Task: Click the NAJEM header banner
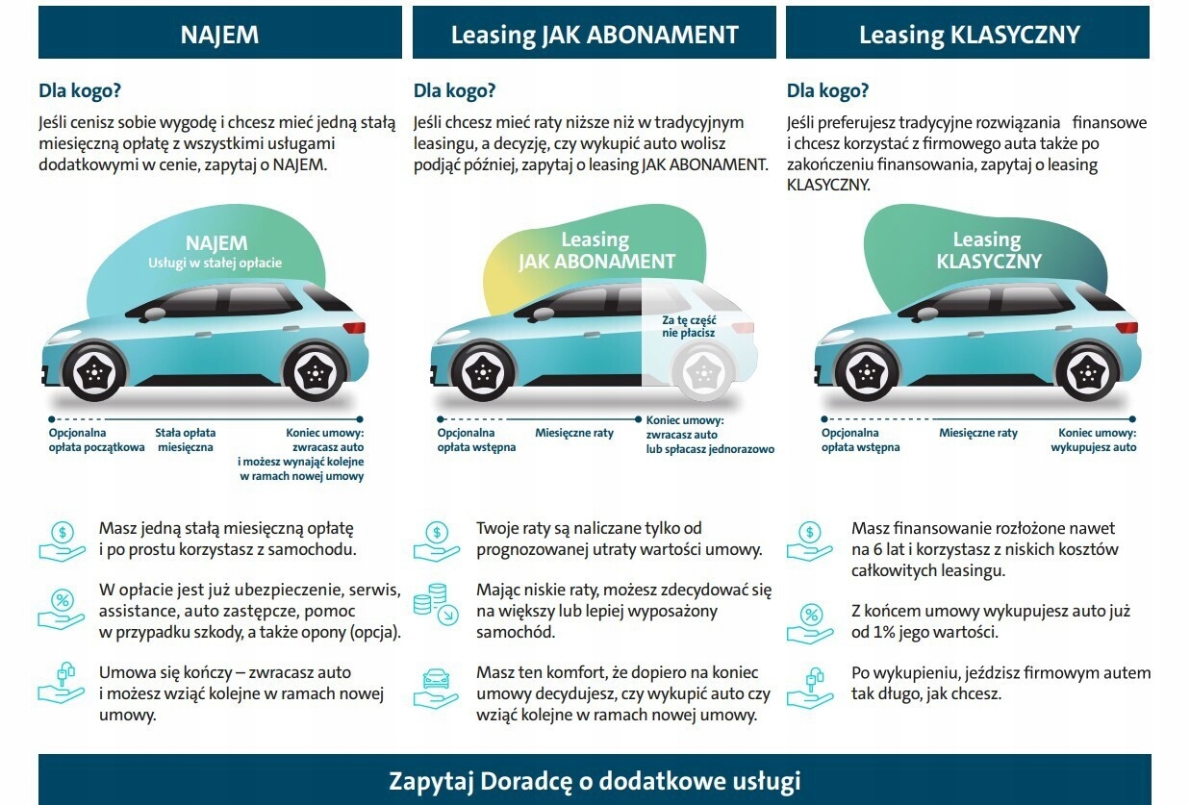coord(219,34)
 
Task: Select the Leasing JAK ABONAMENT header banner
coord(595,34)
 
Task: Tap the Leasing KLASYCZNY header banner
coord(968,34)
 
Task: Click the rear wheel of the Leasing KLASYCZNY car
coord(1087,373)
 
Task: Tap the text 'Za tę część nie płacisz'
coord(688,326)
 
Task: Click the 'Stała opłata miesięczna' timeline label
coord(186,440)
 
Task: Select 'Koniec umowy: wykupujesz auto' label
coord(1097,440)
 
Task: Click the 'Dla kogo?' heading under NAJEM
coord(79,92)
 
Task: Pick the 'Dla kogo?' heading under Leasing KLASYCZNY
coord(827,92)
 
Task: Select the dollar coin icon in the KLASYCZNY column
coord(810,540)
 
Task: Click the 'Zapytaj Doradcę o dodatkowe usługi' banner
coord(595,780)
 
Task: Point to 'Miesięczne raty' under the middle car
coord(574,434)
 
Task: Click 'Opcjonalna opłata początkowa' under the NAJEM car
coord(96,440)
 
